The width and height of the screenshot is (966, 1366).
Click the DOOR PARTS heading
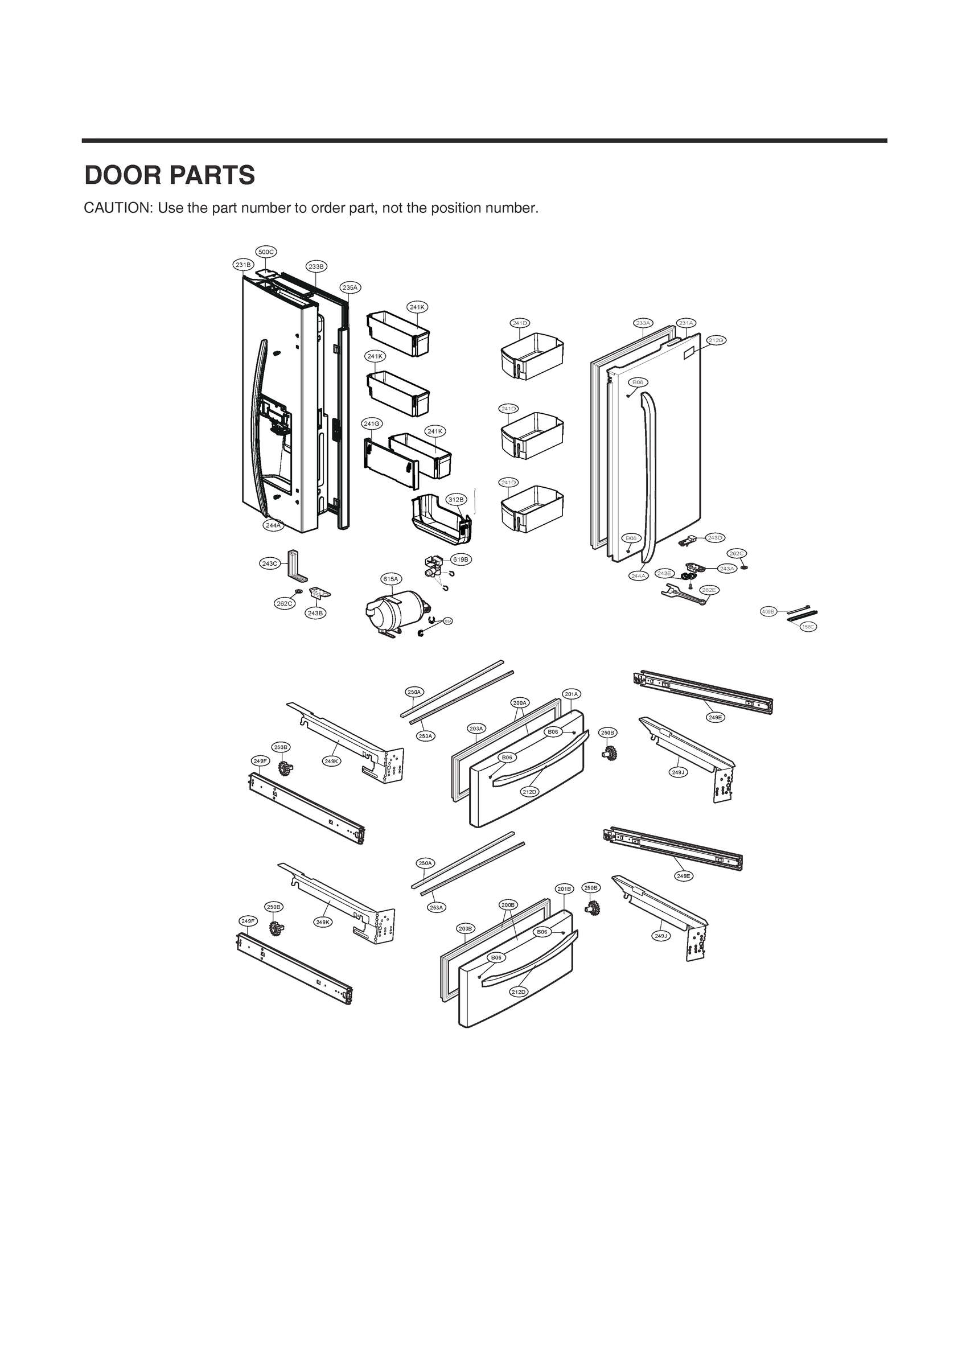click(x=170, y=175)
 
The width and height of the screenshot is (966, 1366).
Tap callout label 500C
click(x=266, y=252)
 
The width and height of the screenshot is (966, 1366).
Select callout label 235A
click(x=350, y=287)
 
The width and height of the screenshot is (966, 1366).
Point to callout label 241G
click(x=372, y=423)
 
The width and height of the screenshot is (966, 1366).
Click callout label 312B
click(x=455, y=499)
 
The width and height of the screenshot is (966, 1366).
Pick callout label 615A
click(x=390, y=579)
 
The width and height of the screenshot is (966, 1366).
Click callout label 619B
click(x=461, y=559)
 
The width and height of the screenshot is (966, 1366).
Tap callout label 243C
click(x=270, y=563)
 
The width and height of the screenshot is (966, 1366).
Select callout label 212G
click(x=716, y=340)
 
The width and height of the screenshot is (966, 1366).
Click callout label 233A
click(x=643, y=323)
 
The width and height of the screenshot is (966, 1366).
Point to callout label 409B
click(x=768, y=612)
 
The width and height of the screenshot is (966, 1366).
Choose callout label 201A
click(x=572, y=694)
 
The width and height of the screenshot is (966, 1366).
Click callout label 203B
click(x=466, y=928)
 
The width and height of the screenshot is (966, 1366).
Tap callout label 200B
click(x=508, y=905)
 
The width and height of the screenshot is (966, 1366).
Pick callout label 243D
click(x=715, y=537)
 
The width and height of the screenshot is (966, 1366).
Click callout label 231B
click(x=243, y=265)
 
